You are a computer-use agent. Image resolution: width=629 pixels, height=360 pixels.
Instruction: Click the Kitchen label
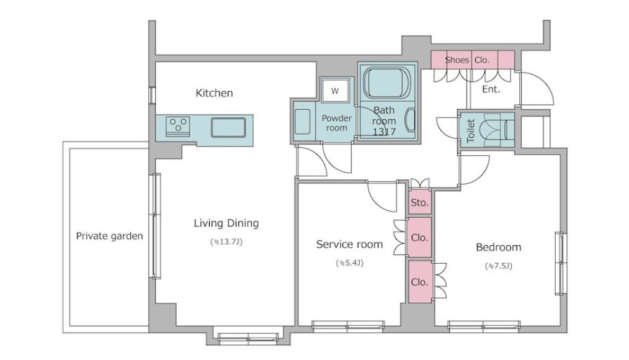pos(214,93)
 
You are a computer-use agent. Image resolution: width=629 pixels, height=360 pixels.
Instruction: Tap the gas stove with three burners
pos(177,125)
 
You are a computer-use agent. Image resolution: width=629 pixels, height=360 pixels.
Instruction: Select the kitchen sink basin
pos(228,127)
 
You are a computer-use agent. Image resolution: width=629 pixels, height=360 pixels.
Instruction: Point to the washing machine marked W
pos(335,91)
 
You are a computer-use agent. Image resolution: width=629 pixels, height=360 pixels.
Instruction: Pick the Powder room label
pos(337,124)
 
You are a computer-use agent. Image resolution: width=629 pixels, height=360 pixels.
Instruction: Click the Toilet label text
pos(471,130)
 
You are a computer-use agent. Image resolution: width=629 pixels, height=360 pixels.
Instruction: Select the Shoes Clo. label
pos(467,60)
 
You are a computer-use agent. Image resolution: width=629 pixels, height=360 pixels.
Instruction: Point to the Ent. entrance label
pos(491,89)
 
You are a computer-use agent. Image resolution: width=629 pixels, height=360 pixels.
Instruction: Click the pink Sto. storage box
pos(420,202)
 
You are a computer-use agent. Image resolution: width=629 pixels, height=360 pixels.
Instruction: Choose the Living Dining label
pos(226,223)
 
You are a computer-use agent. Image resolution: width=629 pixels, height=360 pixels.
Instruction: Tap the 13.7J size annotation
pos(226,242)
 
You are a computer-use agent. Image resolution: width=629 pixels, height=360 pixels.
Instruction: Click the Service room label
pos(349,245)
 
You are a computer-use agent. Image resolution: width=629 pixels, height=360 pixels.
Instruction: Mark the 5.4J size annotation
pos(349,263)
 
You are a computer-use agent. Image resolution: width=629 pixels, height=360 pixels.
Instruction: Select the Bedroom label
pos(499,247)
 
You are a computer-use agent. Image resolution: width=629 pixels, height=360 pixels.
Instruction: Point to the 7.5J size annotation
pos(499,266)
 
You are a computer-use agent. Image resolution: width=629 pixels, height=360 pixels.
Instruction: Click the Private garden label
pos(110,236)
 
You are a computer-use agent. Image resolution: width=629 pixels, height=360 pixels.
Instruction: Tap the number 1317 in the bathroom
pos(384,132)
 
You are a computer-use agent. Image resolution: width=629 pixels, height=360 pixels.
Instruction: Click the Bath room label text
pos(384,115)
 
